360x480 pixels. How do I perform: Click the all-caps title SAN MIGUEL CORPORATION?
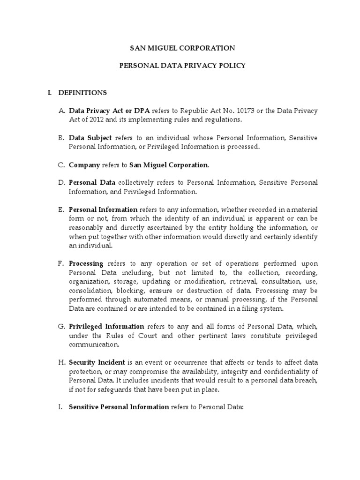click(182, 48)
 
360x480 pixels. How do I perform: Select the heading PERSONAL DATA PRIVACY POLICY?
click(182, 66)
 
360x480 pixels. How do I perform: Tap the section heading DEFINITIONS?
click(82, 93)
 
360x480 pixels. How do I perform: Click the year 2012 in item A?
click(91, 120)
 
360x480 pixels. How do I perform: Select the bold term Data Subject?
click(90, 138)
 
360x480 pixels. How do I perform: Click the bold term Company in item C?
click(84, 165)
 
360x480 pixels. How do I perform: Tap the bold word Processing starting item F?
click(86, 263)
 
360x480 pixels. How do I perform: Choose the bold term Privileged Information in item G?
click(106, 326)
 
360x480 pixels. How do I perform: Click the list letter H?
click(61, 363)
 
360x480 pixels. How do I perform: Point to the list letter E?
click(61, 210)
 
